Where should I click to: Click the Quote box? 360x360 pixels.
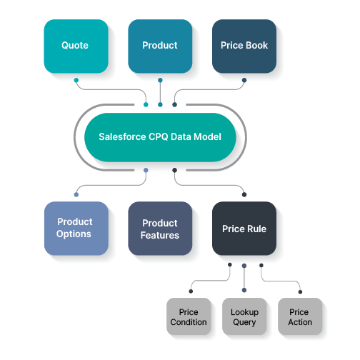pyautogui.click(x=76, y=46)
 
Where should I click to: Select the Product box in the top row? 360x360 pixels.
pyautogui.click(x=160, y=46)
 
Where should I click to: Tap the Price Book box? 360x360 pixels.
pyautogui.click(x=244, y=46)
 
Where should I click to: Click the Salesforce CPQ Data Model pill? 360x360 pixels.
pyautogui.click(x=160, y=137)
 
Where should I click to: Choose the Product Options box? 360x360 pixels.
pyautogui.click(x=76, y=229)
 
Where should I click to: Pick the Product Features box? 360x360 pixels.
pyautogui.click(x=160, y=229)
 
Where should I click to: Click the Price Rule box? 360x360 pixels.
pyautogui.click(x=244, y=229)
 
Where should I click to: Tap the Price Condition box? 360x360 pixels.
pyautogui.click(x=189, y=316)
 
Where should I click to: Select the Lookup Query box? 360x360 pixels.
pyautogui.click(x=244, y=316)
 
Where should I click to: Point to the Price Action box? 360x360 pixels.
pyautogui.click(x=300, y=316)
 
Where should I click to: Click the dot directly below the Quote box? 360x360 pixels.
pyautogui.click(x=76, y=80)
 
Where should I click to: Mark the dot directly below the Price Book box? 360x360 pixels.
pyautogui.click(x=244, y=80)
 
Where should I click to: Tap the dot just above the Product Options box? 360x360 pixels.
pyautogui.click(x=76, y=194)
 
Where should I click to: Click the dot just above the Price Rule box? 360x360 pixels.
pyautogui.click(x=244, y=194)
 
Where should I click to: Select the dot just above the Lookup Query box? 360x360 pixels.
pyautogui.click(x=244, y=290)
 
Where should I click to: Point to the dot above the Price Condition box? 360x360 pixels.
pyautogui.click(x=191, y=291)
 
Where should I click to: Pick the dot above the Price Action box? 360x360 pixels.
pyautogui.click(x=300, y=292)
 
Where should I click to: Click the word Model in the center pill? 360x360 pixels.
pyautogui.click(x=207, y=136)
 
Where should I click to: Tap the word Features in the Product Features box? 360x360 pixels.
pyautogui.click(x=160, y=235)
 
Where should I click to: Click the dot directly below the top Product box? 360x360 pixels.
pyautogui.click(x=160, y=80)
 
